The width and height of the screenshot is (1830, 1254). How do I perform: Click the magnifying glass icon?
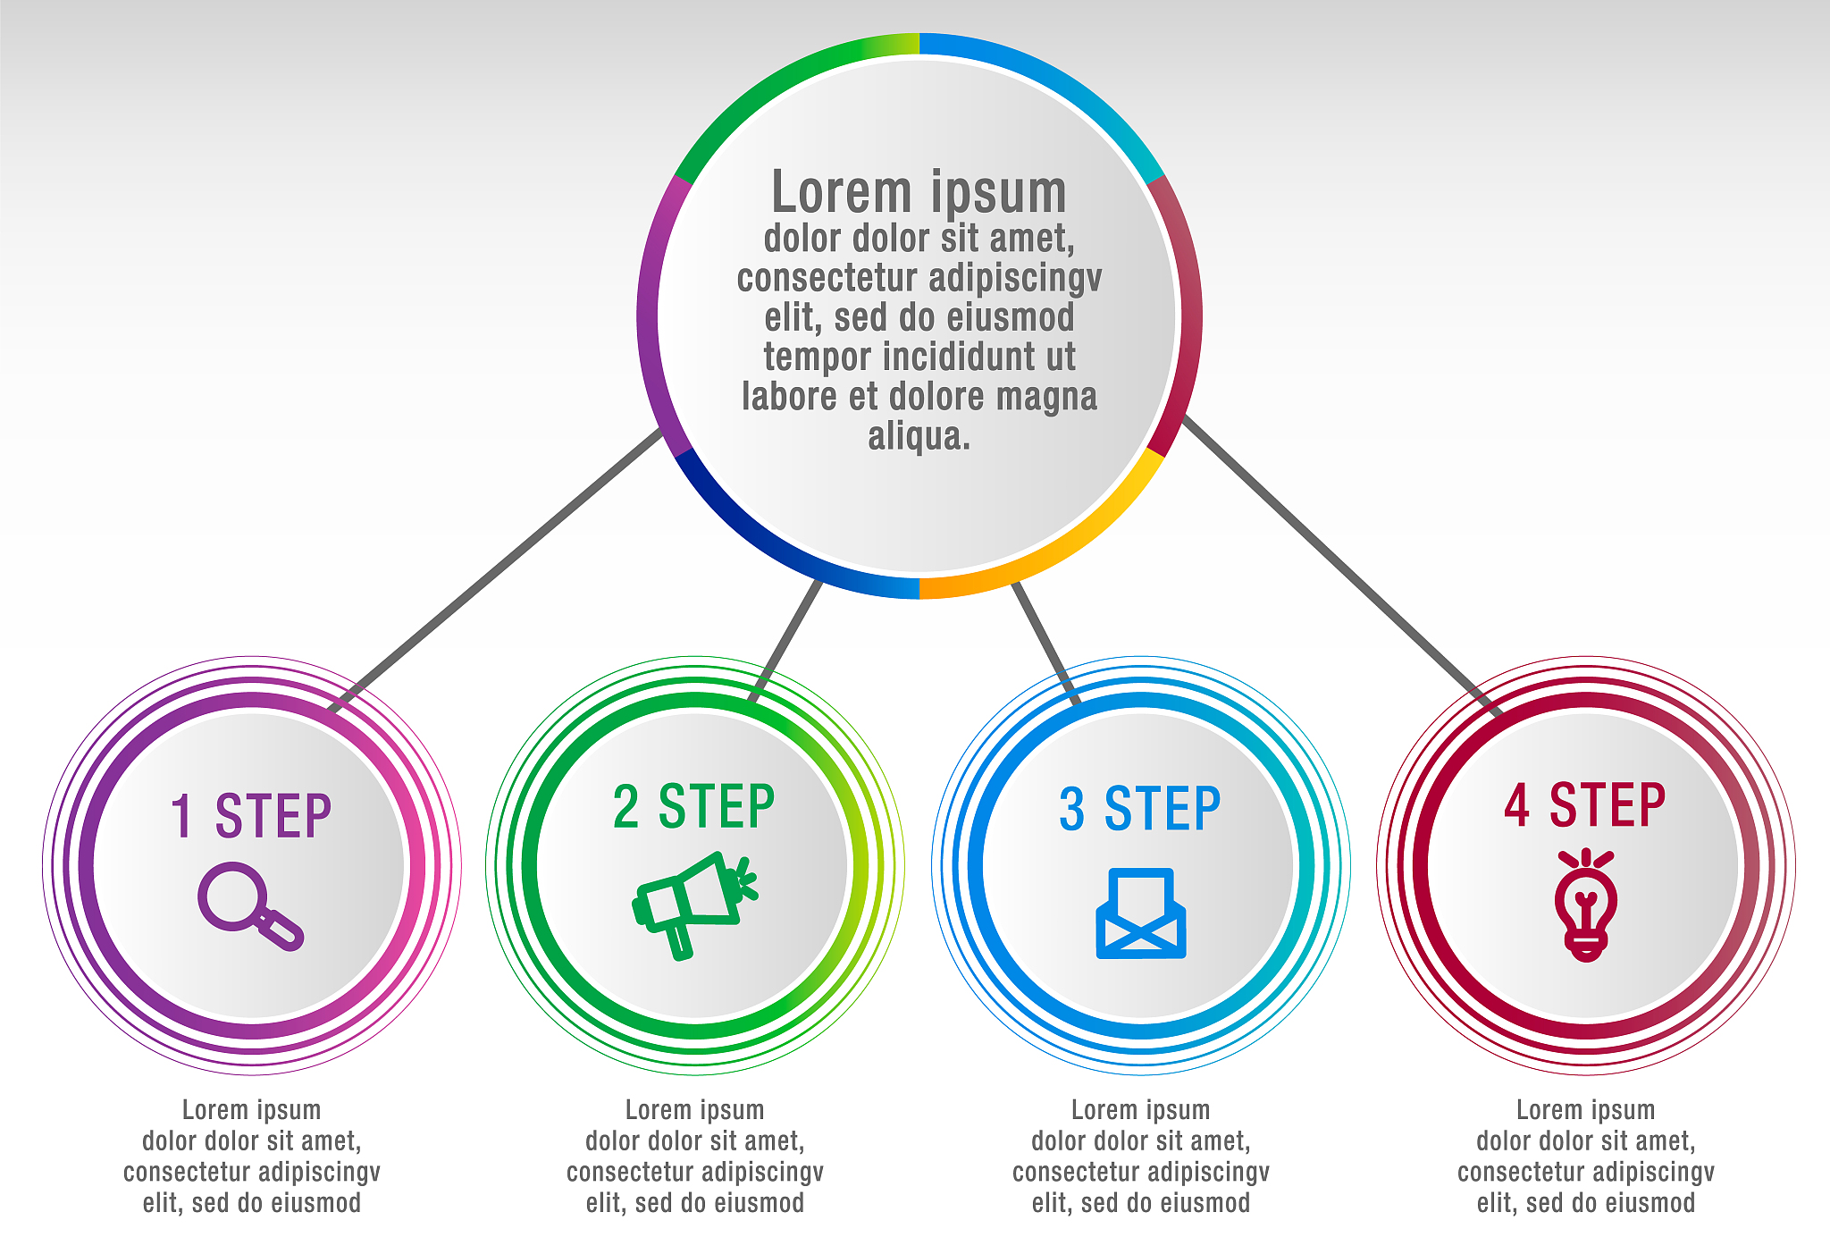tap(248, 905)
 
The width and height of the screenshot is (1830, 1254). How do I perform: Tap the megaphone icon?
tap(693, 903)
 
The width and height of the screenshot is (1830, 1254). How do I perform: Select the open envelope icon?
tap(1141, 913)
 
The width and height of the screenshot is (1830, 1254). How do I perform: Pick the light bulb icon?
tap(1586, 905)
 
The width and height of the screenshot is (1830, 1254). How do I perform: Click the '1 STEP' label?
tap(251, 816)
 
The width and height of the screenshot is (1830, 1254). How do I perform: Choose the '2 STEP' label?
tap(694, 806)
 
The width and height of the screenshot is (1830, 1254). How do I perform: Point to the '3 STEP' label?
tap(1140, 810)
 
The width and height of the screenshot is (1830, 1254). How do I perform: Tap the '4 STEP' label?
tap(1585, 805)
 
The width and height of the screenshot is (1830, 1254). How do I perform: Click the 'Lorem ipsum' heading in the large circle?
tap(919, 192)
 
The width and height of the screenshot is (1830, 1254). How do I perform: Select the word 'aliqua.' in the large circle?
tap(919, 436)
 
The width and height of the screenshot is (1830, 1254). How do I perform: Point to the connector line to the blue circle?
tap(1045, 642)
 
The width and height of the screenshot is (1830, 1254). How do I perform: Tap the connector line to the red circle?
tap(1340, 563)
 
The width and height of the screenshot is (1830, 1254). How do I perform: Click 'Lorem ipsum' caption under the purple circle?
tap(251, 1110)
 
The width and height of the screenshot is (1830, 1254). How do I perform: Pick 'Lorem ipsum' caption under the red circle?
tap(1585, 1110)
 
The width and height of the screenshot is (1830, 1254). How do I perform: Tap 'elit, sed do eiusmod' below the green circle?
tap(694, 1203)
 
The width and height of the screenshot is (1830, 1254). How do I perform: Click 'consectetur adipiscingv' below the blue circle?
tap(1140, 1172)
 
